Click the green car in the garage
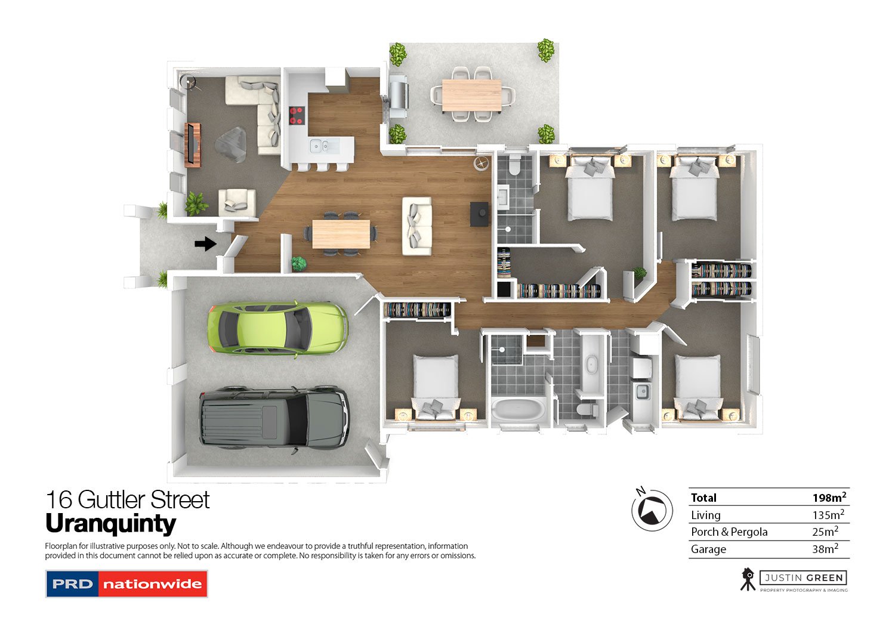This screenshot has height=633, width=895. [277, 329]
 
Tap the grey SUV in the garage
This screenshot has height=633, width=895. [275, 417]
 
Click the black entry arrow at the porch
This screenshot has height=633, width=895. [206, 243]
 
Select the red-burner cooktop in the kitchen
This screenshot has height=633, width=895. [297, 116]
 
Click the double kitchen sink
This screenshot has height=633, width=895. [325, 146]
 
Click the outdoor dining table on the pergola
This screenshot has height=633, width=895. [471, 95]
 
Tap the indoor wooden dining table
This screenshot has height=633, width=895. [341, 234]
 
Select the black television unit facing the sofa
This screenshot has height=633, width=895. [479, 214]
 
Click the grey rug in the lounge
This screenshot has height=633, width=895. [231, 144]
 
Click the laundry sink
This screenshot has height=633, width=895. [642, 391]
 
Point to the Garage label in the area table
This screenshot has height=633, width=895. [708, 549]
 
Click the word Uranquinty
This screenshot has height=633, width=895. [110, 523]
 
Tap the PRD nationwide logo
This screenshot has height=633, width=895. [126, 584]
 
